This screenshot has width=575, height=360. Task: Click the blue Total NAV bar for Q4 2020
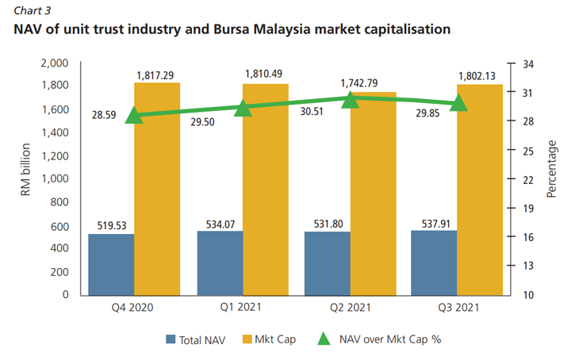111,264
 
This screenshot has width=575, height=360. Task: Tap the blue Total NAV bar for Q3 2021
434,262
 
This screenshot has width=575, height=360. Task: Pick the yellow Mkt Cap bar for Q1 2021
266,190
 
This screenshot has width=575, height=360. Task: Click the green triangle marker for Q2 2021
351,100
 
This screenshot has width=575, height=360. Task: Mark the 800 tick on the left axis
60,202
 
